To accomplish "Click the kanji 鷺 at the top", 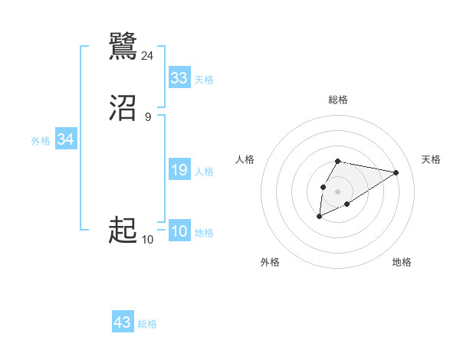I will pos(123,47).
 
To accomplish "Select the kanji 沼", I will pos(123,108).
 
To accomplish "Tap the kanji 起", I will pos(123,229).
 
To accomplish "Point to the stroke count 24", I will pos(148,55).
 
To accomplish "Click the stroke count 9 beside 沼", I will pos(148,116).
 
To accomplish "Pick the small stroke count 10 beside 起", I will pos(148,239).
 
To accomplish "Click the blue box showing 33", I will pos(179,78).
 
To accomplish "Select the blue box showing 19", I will pos(179,171).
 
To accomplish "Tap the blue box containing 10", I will pos(179,232).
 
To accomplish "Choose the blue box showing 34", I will pos(66,140).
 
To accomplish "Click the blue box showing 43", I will pos(123,322).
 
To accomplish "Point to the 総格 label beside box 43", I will pos(147,324).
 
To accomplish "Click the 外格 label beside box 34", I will pos(41,141).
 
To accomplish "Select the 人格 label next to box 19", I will pos(205,172).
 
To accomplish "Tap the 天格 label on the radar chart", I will pos(431,159).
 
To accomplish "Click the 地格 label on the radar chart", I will pos(402,262).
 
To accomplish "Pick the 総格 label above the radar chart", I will pos(337,100).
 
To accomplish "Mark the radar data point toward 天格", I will pos(396,172).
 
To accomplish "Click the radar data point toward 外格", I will pos(319,217).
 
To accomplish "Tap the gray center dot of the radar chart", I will pos(337,191).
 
